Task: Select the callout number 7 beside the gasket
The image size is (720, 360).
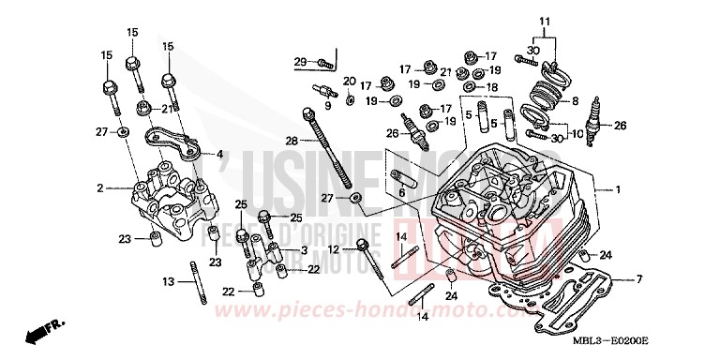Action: click(x=638, y=279)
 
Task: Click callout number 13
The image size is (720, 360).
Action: click(x=169, y=282)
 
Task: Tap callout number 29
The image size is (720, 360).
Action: click(x=300, y=62)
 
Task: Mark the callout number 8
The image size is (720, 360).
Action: click(x=575, y=100)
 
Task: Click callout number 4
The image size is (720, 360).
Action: click(x=220, y=155)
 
